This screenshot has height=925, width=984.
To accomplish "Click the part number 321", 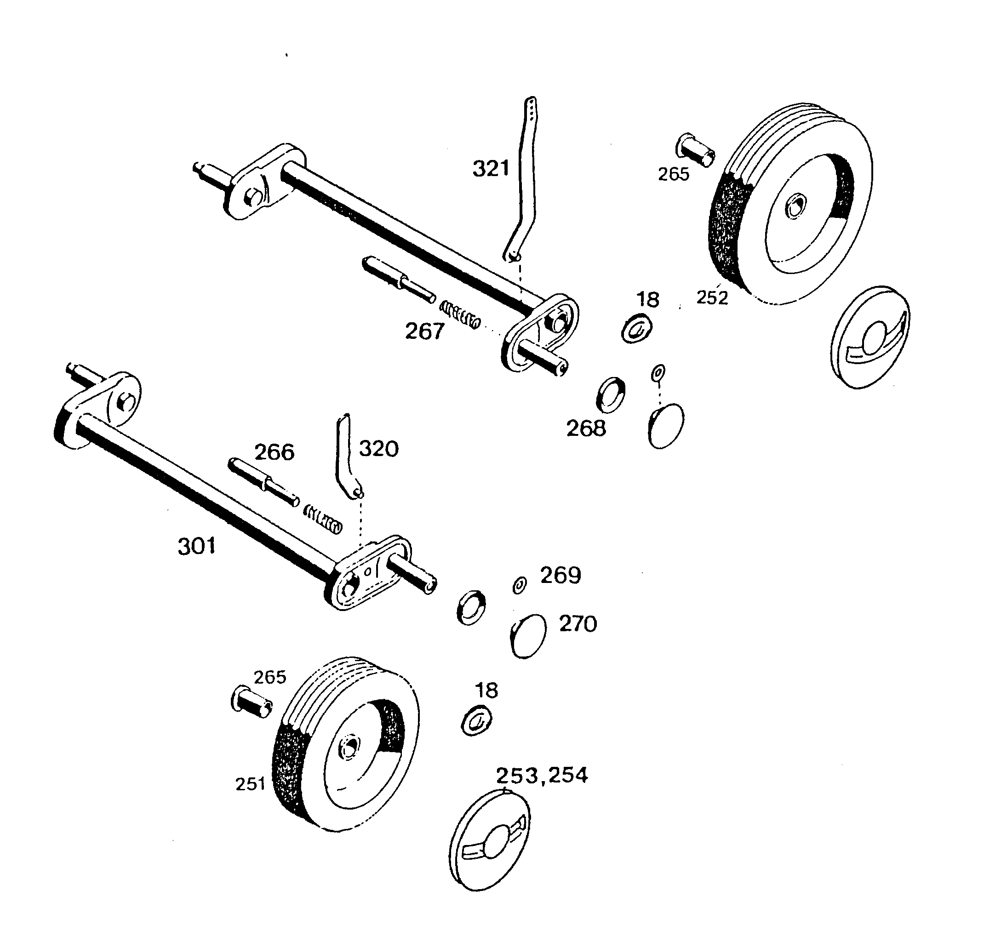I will pyautogui.click(x=491, y=169).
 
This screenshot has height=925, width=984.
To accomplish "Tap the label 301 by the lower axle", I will pyautogui.click(x=196, y=546).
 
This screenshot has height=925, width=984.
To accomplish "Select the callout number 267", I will pyautogui.click(x=425, y=331).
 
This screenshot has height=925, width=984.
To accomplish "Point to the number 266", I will pyautogui.click(x=274, y=452).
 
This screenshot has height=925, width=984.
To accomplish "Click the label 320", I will pyautogui.click(x=378, y=449).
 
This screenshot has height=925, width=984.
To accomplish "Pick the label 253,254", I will pyautogui.click(x=542, y=776).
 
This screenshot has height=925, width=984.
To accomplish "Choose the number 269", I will pyautogui.click(x=561, y=575).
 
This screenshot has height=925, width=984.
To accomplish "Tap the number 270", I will pyautogui.click(x=578, y=624).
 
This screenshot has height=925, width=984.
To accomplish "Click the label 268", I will pyautogui.click(x=586, y=428).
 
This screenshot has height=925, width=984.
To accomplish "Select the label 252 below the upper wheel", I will pyautogui.click(x=712, y=297).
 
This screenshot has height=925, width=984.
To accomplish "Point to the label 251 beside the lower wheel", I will pyautogui.click(x=251, y=784).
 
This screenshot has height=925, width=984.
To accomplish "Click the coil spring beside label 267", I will pyautogui.click(x=460, y=315).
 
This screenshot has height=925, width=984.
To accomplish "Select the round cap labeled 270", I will pyautogui.click(x=529, y=636).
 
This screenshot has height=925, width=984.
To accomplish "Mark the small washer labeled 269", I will pyautogui.click(x=519, y=586).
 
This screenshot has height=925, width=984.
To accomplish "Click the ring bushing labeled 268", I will pyautogui.click(x=610, y=395).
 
